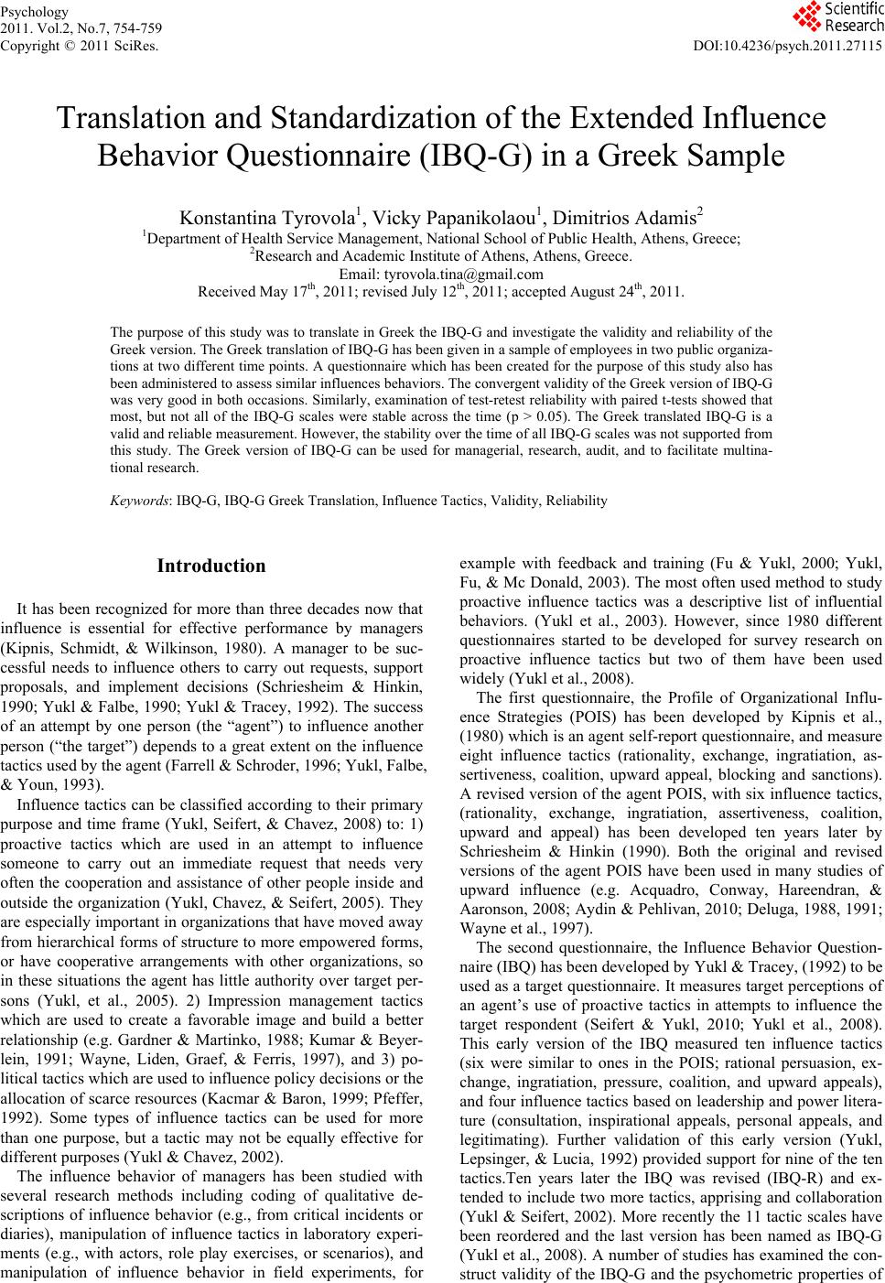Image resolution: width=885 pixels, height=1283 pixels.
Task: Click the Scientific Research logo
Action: [x=837, y=16]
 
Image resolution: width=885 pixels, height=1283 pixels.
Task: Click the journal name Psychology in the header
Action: [x=34, y=12]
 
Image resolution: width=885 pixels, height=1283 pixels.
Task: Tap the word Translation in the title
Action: [x=131, y=119]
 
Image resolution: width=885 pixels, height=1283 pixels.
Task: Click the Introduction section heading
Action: [x=211, y=566]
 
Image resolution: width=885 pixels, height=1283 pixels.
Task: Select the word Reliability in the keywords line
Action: [x=577, y=501]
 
